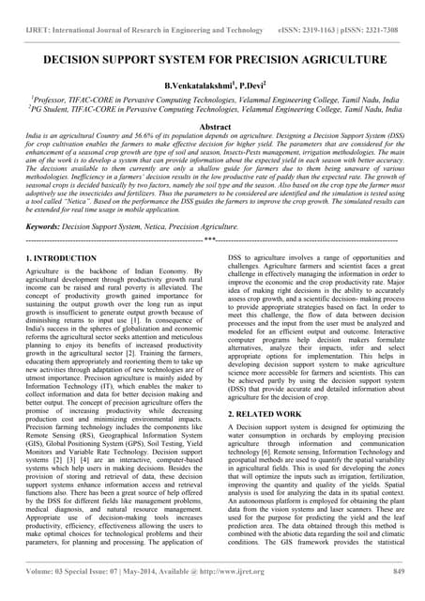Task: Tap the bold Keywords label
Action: pyautogui.click(x=47, y=226)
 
